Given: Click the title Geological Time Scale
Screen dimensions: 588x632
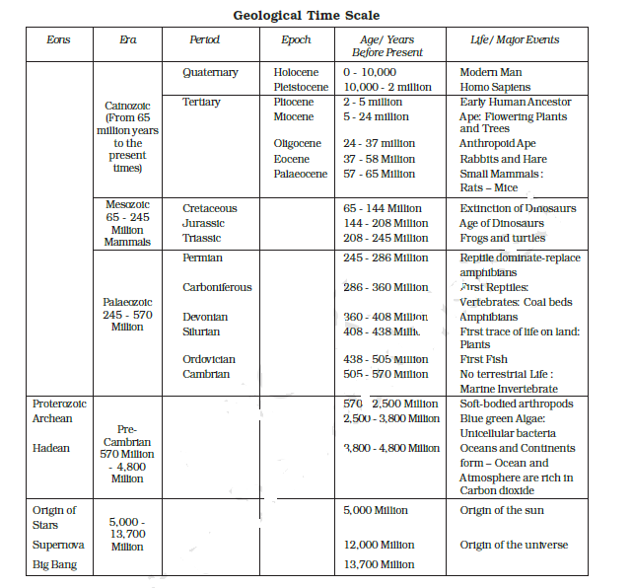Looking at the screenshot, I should pyautogui.click(x=306, y=15).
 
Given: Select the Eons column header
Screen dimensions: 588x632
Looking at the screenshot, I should pyautogui.click(x=59, y=40).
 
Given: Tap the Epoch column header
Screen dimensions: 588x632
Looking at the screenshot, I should pyautogui.click(x=296, y=40).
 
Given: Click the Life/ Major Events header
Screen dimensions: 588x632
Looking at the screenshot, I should pyautogui.click(x=515, y=40).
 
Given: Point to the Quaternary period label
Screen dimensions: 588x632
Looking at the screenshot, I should pyautogui.click(x=210, y=72).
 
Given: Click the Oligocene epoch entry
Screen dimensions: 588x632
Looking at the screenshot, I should pyautogui.click(x=298, y=144).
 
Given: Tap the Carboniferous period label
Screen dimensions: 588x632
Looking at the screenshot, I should pyautogui.click(x=217, y=287).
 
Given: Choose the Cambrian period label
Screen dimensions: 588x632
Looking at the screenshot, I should pyautogui.click(x=206, y=374).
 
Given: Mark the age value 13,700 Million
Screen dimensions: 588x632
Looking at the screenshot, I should pyautogui.click(x=379, y=564).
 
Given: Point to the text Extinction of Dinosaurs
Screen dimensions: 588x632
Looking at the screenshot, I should pyautogui.click(x=518, y=208).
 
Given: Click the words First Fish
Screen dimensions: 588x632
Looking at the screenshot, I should pyautogui.click(x=484, y=359).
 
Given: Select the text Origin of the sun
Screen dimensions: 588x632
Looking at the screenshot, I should pyautogui.click(x=501, y=510).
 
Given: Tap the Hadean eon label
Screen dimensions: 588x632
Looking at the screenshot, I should pyautogui.click(x=51, y=448).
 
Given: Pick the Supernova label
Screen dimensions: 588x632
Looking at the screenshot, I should pyautogui.click(x=58, y=544).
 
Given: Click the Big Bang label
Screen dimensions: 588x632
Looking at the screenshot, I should pyautogui.click(x=55, y=565).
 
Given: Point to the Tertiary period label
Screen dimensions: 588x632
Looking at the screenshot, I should pyautogui.click(x=201, y=102).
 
